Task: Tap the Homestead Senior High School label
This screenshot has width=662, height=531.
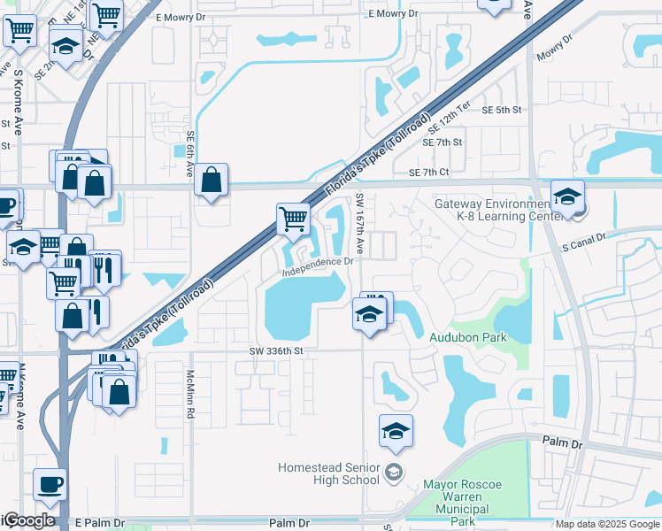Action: tap(329, 473)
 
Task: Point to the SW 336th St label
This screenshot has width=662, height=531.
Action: tap(276, 350)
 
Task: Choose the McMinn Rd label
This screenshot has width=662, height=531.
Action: tap(189, 394)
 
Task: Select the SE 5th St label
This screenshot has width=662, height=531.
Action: tap(502, 110)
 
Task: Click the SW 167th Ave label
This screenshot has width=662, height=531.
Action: tap(359, 220)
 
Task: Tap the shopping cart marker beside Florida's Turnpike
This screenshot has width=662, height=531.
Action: tap(293, 217)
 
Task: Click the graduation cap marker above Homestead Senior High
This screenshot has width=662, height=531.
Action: tap(396, 430)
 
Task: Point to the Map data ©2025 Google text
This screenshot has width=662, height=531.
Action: tap(608, 524)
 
